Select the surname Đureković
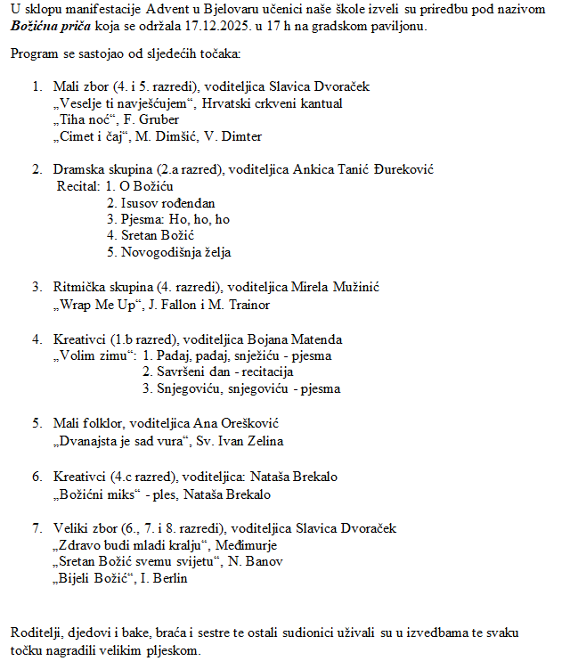(398, 169)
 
